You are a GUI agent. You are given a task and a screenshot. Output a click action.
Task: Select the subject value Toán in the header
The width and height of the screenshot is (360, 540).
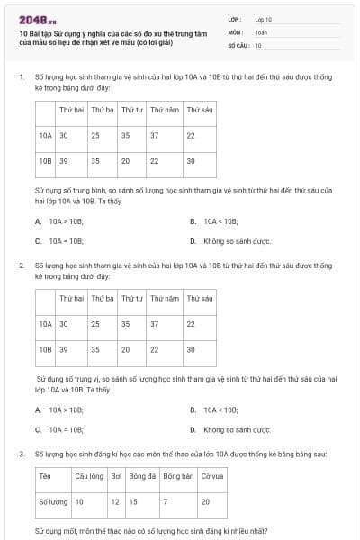click(x=261, y=31)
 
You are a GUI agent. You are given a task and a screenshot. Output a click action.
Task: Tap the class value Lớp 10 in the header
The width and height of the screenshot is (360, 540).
click(x=264, y=19)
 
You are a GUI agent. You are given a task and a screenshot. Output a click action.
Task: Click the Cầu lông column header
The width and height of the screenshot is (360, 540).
click(x=89, y=476)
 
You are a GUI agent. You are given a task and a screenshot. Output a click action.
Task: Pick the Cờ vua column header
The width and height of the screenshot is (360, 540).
click(x=212, y=476)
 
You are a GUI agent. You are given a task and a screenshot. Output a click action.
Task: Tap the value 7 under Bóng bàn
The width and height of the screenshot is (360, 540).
click(x=166, y=501)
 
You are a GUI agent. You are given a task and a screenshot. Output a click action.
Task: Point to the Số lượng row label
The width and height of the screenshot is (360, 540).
click(x=54, y=501)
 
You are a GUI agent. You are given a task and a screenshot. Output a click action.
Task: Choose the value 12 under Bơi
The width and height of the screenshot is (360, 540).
click(x=115, y=501)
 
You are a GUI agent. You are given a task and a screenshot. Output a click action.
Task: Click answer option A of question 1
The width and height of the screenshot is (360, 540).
click(x=59, y=220)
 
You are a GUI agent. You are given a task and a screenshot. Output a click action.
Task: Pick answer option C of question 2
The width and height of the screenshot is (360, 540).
click(x=59, y=430)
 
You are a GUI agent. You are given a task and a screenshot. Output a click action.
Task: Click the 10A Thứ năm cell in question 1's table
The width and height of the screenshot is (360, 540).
click(x=155, y=135)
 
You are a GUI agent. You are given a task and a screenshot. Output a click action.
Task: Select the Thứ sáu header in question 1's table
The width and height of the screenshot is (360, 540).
click(x=200, y=110)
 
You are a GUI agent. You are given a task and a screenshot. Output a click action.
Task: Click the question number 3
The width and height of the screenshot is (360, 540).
click(x=22, y=455)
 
